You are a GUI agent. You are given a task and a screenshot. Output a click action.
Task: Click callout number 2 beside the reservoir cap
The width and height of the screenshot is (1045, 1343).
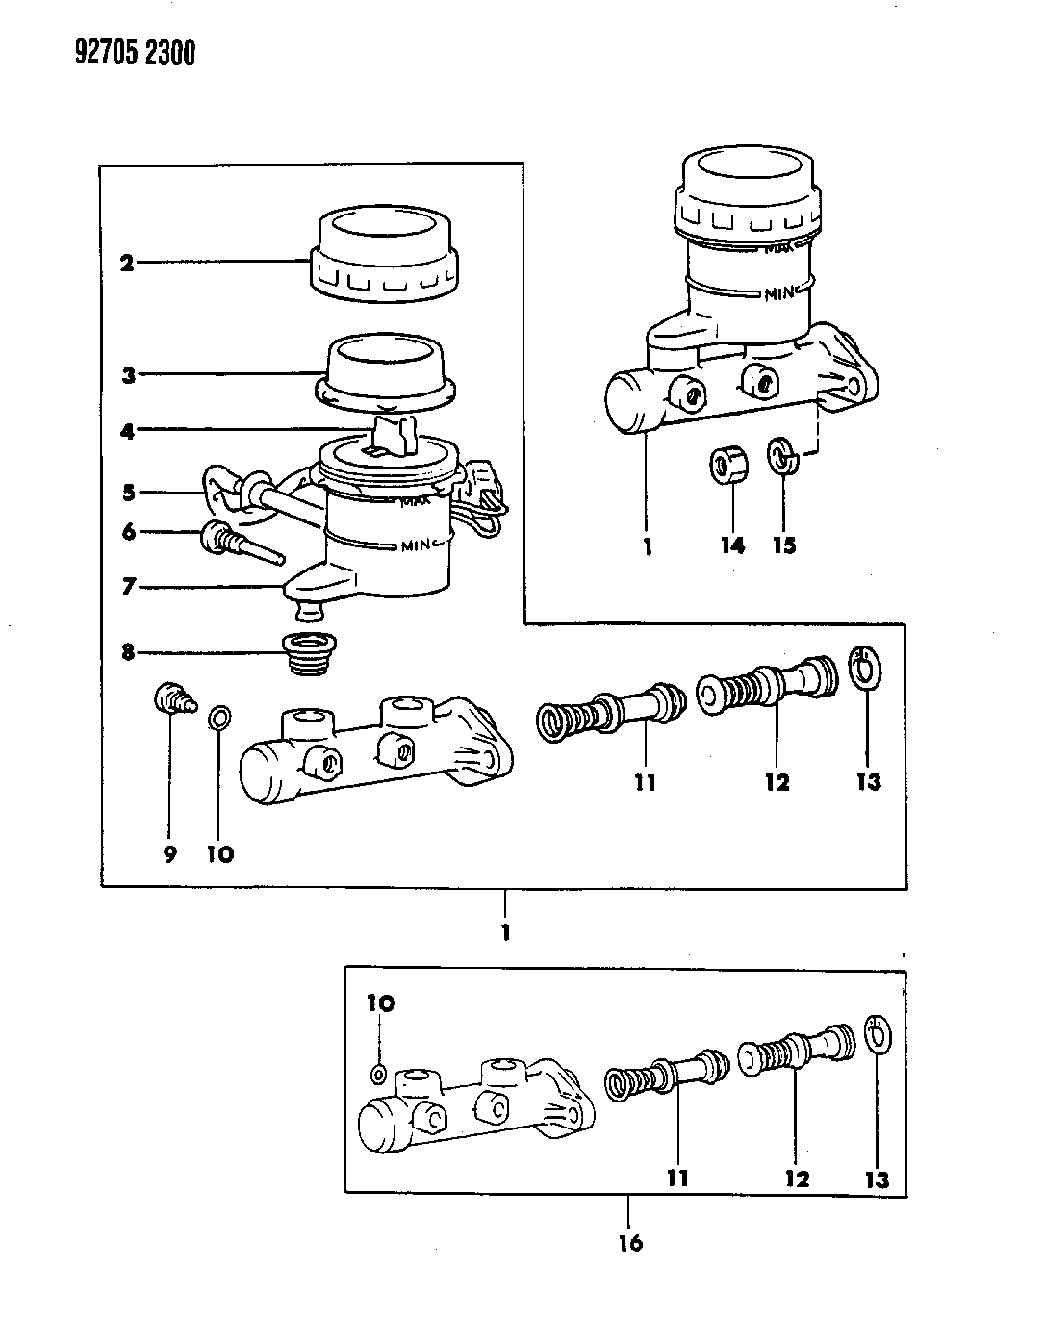[x=126, y=262]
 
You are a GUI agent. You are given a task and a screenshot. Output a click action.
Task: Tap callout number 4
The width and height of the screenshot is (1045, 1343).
[x=128, y=431]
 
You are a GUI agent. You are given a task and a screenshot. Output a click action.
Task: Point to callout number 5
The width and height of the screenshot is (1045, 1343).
[x=128, y=494]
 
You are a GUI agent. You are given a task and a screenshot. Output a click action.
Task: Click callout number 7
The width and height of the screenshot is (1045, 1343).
[x=128, y=586]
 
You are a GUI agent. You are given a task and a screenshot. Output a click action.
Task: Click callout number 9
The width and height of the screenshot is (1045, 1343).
[x=170, y=854]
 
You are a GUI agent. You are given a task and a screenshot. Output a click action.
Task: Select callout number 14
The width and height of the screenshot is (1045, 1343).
[x=732, y=546]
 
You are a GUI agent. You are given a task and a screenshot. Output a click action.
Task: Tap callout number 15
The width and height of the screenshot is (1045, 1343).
[x=784, y=546]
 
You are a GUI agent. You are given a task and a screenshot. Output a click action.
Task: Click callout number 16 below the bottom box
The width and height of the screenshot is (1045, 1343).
[x=629, y=1243]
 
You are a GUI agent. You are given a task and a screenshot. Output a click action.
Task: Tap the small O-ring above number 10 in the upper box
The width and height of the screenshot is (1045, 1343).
[x=219, y=718]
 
